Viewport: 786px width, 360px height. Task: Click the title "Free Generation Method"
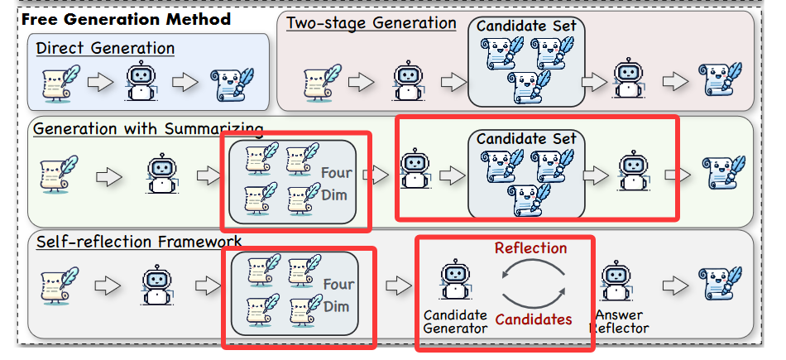(127, 17)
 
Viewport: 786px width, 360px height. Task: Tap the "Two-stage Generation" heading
(371, 22)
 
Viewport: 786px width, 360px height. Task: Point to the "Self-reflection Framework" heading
(139, 242)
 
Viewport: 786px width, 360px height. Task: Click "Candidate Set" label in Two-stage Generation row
(527, 25)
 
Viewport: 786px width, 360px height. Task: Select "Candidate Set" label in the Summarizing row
(527, 138)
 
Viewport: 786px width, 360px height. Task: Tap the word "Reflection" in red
(530, 248)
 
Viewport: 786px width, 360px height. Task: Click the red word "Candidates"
(533, 319)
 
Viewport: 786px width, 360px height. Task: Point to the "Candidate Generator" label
(455, 321)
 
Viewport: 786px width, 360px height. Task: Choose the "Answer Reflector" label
(619, 321)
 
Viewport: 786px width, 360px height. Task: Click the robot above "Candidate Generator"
(453, 281)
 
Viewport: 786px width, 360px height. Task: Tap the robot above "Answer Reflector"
(614, 281)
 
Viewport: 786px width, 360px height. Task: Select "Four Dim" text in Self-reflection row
(338, 295)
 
